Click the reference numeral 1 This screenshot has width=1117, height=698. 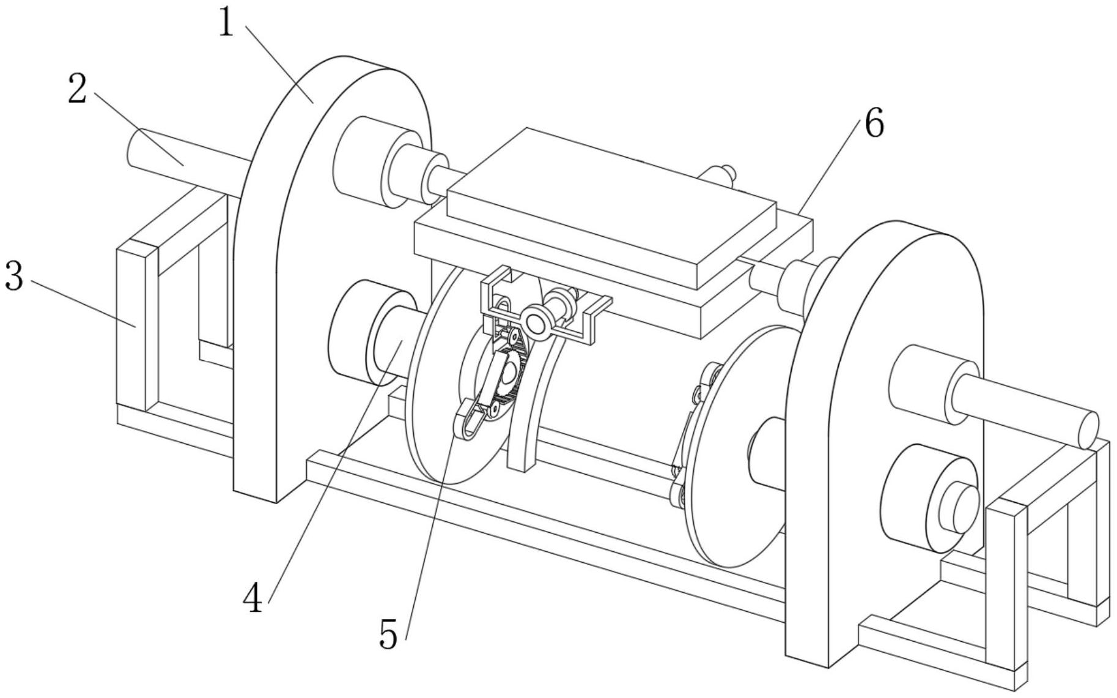[x=227, y=24]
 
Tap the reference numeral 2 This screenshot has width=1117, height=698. [x=78, y=89]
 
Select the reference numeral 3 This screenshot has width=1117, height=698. [x=13, y=277]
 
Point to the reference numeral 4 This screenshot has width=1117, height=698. [x=253, y=598]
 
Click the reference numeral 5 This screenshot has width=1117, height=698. [x=389, y=634]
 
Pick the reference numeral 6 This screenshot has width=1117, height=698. [x=874, y=124]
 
